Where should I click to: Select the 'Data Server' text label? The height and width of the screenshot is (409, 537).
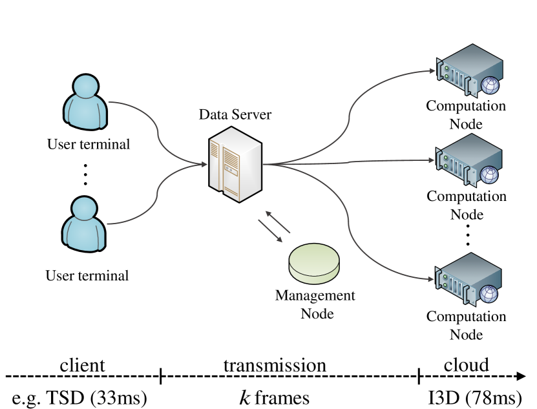click(x=235, y=116)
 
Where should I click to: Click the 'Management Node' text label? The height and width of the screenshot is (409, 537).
click(x=315, y=304)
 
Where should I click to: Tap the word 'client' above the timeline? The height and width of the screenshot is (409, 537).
click(x=82, y=365)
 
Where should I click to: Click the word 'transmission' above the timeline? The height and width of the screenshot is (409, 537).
click(x=275, y=365)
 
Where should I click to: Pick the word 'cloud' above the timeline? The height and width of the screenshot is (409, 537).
click(x=466, y=365)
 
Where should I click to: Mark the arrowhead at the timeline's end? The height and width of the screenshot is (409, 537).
click(x=520, y=376)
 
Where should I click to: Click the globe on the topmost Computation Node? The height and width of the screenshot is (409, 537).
click(x=489, y=85)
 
